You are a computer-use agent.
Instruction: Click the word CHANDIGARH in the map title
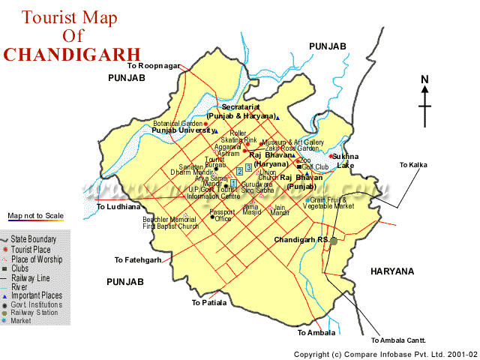(71, 54)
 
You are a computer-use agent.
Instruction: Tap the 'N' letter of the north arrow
(424, 79)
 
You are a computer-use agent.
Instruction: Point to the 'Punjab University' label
(181, 130)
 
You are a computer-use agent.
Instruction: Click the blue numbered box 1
(234, 183)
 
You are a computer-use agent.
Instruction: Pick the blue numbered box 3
(249, 167)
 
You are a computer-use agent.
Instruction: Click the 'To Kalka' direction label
(413, 165)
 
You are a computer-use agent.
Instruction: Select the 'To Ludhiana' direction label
(118, 206)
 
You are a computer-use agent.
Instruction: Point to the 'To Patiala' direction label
(208, 303)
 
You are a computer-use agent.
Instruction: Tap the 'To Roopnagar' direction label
(154, 66)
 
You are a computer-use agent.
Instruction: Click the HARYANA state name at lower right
(391, 271)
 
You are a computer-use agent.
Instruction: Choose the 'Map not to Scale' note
(36, 216)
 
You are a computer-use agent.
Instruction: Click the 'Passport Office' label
(222, 215)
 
